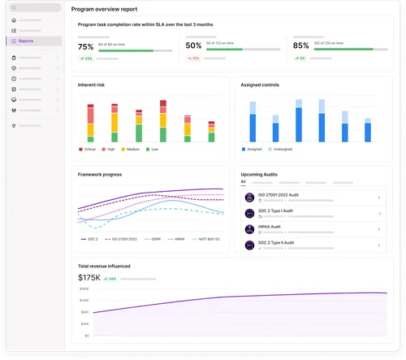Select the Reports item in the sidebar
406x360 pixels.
click(26, 41)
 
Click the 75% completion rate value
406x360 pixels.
click(86, 47)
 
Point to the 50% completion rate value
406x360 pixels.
click(194, 47)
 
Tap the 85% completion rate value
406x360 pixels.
click(300, 47)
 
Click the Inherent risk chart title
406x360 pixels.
click(91, 84)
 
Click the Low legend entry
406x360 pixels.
click(153, 150)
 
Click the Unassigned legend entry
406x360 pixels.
click(281, 150)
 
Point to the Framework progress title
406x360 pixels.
click(99, 174)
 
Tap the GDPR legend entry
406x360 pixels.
click(153, 239)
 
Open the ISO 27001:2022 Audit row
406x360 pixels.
click(312, 197)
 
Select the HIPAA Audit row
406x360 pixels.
click(312, 228)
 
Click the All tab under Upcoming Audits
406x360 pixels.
click(243, 182)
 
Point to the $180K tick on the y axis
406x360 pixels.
click(84, 288)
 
